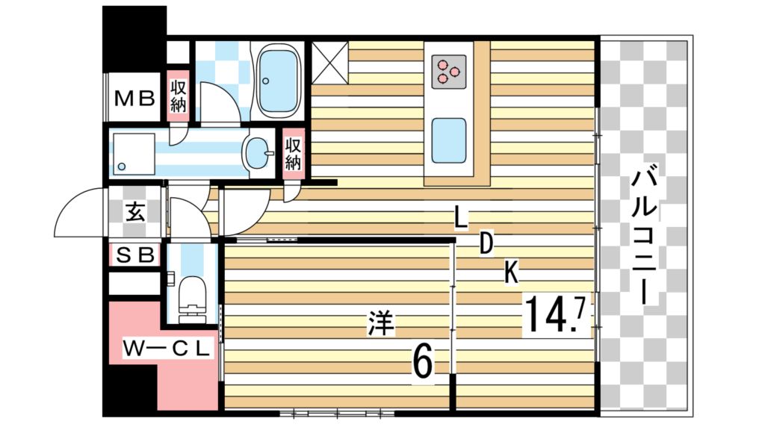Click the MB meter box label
134,99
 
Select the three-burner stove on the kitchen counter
449,72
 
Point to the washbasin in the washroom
259,153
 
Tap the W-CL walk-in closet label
167,348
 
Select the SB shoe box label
135,255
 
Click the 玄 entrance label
135,213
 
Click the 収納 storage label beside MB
178,96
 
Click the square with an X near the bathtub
329,63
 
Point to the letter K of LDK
511,272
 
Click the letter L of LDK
460,217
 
